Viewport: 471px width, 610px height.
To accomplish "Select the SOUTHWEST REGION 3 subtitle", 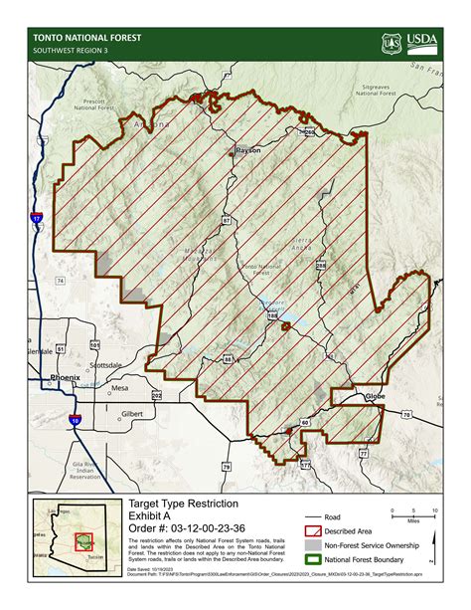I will [73, 51].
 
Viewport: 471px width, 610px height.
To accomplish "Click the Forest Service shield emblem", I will [391, 44].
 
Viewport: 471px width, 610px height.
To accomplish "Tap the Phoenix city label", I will [66, 378].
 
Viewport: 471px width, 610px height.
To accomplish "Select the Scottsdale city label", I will [104, 365].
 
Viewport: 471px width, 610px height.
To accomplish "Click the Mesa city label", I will [119, 388].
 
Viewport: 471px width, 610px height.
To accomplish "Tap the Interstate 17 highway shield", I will [36, 217].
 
